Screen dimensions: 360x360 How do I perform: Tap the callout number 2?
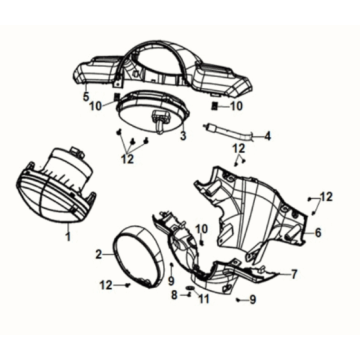(99, 254)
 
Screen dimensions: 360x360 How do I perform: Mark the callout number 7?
(294, 273)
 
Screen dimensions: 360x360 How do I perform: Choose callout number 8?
(173, 296)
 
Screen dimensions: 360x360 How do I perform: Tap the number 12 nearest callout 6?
(327, 197)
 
